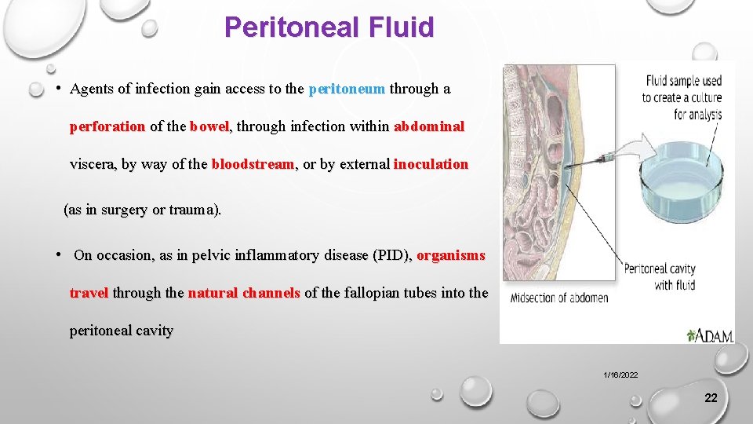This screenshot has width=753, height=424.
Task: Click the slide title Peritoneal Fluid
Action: tap(329, 27)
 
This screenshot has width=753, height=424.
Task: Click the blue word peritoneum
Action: tap(347, 89)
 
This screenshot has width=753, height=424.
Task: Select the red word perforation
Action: tap(107, 126)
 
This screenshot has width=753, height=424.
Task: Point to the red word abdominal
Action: tap(429, 126)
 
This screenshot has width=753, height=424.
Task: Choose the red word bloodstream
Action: tap(253, 165)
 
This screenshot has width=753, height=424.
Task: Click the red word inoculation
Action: tap(431, 165)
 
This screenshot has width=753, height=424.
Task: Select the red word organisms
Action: tap(451, 255)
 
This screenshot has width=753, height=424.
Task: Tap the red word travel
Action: tap(89, 293)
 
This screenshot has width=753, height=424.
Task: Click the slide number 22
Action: tap(711, 398)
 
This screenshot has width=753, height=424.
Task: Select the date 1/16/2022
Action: tap(620, 375)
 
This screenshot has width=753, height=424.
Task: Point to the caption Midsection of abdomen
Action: tap(558, 298)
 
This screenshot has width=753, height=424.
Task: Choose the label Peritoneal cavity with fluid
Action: tap(660, 277)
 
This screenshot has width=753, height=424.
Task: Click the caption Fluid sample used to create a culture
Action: tap(682, 97)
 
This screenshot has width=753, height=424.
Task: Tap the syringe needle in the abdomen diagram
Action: tap(593, 162)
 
